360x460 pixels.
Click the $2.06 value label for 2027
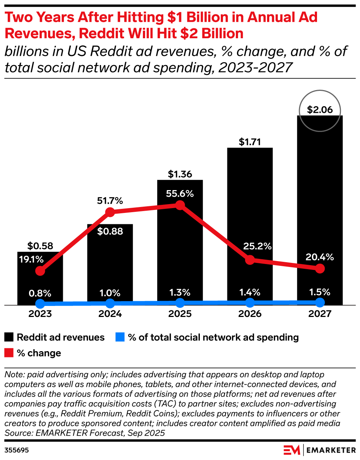point(320,110)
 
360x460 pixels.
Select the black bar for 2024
point(110,265)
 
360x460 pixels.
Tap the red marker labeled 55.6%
point(180,205)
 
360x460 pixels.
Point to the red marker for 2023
point(40,271)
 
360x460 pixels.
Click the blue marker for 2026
point(250,303)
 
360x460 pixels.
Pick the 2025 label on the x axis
point(180,314)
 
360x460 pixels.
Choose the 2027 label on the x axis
point(320,314)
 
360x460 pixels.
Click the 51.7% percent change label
point(110,201)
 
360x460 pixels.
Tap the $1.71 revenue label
point(250,142)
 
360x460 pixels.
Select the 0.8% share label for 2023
point(40,293)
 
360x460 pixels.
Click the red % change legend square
point(9,353)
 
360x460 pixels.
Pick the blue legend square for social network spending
point(120,337)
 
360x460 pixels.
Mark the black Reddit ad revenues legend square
point(9,337)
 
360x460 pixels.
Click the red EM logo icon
point(292,450)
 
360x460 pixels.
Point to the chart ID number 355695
point(17,450)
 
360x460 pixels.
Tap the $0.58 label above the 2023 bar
point(40,246)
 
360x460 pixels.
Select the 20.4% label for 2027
point(320,257)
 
